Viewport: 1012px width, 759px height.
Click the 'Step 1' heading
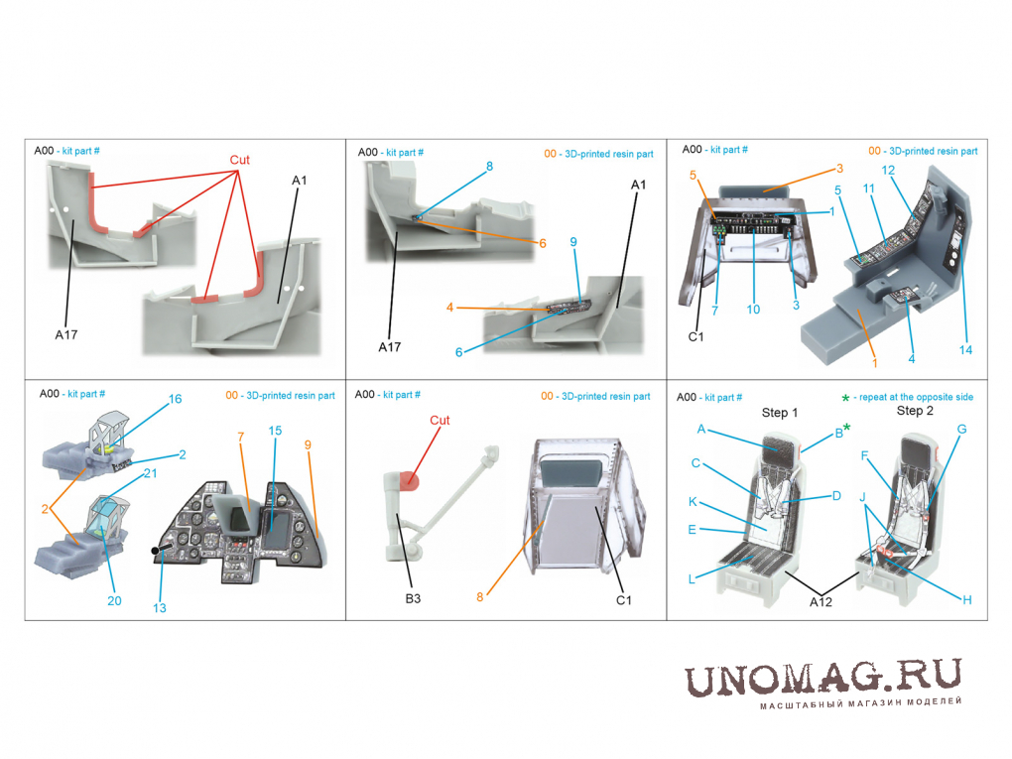pyautogui.click(x=780, y=413)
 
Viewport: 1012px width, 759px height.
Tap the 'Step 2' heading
pyautogui.click(x=915, y=411)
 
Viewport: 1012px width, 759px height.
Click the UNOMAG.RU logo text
pyautogui.click(x=822, y=679)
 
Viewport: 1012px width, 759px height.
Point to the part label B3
pyautogui.click(x=413, y=598)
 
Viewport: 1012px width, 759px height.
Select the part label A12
pyautogui.click(x=821, y=601)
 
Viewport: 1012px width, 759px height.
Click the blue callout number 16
pyautogui.click(x=175, y=399)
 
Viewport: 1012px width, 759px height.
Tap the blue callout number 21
pyautogui.click(x=151, y=473)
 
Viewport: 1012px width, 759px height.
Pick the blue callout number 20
pyautogui.click(x=114, y=601)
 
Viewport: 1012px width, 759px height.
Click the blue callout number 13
pyautogui.click(x=160, y=608)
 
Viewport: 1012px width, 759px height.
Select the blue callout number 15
pyautogui.click(x=275, y=431)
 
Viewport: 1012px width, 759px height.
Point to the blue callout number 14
pyautogui.click(x=965, y=350)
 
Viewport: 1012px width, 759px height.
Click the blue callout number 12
pyautogui.click(x=888, y=171)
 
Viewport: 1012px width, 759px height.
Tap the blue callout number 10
pyautogui.click(x=753, y=310)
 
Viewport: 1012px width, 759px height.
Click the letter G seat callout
pyautogui.click(x=961, y=430)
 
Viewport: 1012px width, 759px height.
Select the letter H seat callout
pyautogui.click(x=966, y=599)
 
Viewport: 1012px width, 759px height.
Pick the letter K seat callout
pyautogui.click(x=693, y=501)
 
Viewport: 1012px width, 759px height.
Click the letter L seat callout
pyautogui.click(x=692, y=579)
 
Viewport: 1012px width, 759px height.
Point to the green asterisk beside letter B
pyautogui.click(x=846, y=427)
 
